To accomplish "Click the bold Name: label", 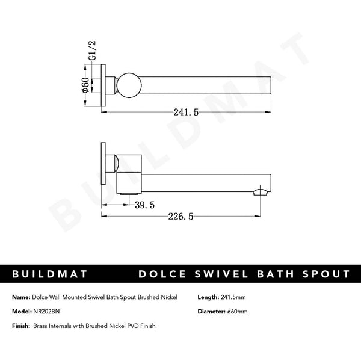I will (x=22, y=297).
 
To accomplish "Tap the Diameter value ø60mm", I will (x=238, y=311).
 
